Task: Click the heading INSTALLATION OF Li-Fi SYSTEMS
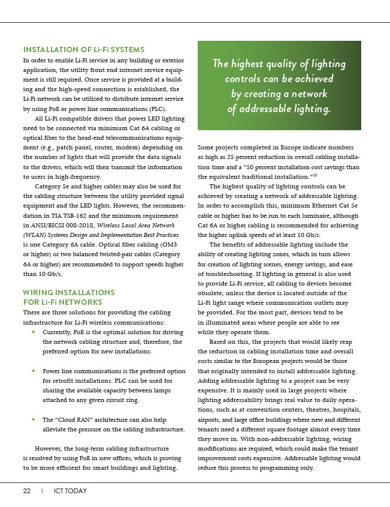(83, 49)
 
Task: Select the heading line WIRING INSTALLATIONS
(69, 292)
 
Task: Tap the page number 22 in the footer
(27, 491)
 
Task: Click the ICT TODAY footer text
(69, 491)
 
